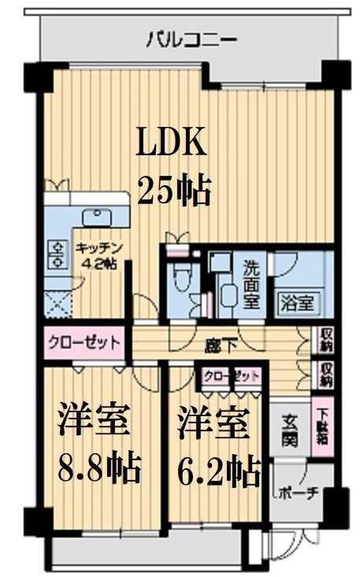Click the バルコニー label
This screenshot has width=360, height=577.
point(191,39)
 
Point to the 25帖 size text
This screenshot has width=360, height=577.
point(175,190)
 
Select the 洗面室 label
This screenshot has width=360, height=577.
point(253,285)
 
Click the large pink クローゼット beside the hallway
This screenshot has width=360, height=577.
point(84,344)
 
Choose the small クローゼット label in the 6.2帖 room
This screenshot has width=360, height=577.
point(232,376)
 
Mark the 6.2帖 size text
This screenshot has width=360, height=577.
point(218,470)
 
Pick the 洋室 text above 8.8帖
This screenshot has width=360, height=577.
point(93,422)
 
